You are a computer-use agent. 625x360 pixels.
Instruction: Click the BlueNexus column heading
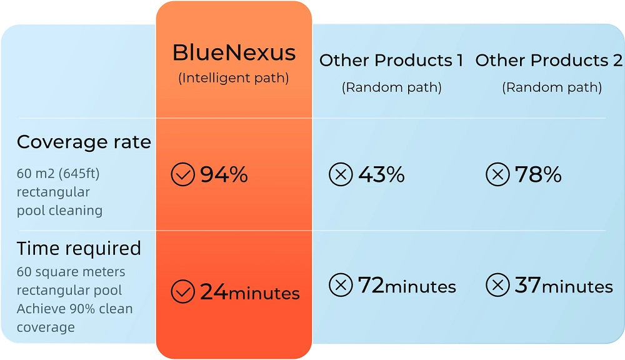[x=234, y=52]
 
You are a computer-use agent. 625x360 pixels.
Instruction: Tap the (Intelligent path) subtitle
[x=234, y=77]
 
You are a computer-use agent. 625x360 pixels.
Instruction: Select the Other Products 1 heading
[x=391, y=60]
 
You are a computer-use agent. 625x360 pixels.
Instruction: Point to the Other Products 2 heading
[x=549, y=60]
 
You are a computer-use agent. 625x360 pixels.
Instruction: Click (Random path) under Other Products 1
[x=392, y=87]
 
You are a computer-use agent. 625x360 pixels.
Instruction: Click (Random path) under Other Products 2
[x=552, y=87]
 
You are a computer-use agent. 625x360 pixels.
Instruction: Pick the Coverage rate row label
[x=84, y=142]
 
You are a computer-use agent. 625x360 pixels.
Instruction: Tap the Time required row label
[x=79, y=248]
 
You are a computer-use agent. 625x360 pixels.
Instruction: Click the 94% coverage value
[x=224, y=174]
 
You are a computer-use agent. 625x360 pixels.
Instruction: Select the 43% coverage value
[x=381, y=174]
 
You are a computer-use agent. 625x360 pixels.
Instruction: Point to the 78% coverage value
[x=538, y=174]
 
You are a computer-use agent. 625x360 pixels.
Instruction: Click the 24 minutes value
[x=250, y=292]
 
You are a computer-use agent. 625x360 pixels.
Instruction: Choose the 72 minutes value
[x=407, y=286]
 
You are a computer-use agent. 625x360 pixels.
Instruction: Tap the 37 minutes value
[x=564, y=286]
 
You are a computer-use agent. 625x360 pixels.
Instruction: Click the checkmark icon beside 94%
[x=183, y=174]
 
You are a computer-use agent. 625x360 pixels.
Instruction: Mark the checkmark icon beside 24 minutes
[x=183, y=291]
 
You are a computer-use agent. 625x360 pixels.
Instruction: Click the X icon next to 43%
[x=341, y=174]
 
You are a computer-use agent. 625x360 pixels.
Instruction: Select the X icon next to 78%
[x=498, y=174]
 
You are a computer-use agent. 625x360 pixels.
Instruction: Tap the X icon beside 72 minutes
[x=341, y=285]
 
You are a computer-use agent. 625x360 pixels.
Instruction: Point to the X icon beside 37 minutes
[x=498, y=285]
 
